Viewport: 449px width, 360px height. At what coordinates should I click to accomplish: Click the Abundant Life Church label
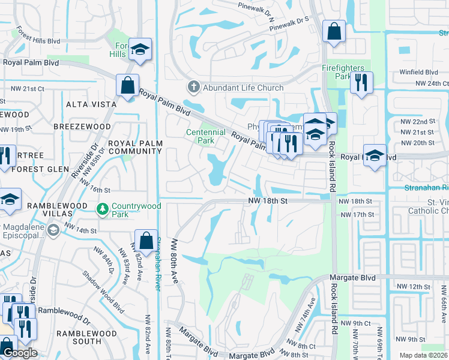[x=243, y=88]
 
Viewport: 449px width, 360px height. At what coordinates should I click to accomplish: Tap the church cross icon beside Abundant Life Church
[x=193, y=88]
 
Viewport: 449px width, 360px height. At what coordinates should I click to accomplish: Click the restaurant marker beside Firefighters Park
[x=361, y=83]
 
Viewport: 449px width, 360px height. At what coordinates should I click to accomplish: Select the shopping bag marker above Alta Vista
[x=128, y=85]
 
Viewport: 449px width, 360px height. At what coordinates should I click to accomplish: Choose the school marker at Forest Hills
[x=140, y=50]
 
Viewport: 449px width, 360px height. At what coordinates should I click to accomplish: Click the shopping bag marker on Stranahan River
[x=146, y=241]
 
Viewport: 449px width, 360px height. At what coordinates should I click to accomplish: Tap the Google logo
[x=19, y=353]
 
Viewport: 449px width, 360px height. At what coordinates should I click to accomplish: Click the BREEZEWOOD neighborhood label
[x=82, y=127]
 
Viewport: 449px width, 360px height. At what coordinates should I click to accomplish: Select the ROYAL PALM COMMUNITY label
[x=135, y=147]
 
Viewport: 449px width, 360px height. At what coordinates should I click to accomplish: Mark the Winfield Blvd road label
[x=420, y=72]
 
